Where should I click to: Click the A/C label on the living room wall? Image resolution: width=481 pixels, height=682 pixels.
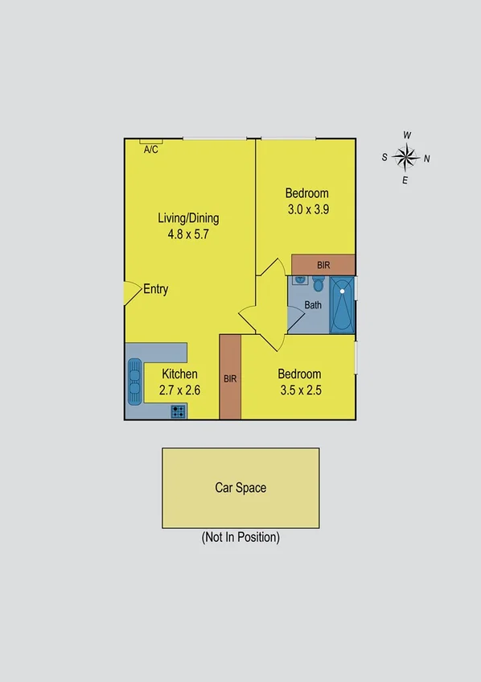(x=150, y=150)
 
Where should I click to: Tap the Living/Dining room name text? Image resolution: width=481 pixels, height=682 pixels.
(x=188, y=217)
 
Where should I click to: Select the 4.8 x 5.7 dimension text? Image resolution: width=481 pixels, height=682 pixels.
(x=188, y=234)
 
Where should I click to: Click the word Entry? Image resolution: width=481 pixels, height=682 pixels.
(x=155, y=289)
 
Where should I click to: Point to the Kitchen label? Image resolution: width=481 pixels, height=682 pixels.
(x=180, y=374)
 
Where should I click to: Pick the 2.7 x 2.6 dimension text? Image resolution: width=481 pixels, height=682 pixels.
(x=180, y=390)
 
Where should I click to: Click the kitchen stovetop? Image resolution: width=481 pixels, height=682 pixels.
(x=179, y=411)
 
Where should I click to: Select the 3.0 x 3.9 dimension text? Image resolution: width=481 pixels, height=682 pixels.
(x=307, y=209)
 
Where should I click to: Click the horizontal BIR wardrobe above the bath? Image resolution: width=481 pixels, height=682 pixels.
(x=323, y=264)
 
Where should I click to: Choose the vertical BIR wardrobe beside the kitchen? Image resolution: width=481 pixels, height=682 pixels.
(x=230, y=377)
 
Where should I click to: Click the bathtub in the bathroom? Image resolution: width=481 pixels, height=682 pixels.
(x=342, y=305)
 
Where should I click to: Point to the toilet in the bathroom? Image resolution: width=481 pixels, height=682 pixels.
(x=318, y=284)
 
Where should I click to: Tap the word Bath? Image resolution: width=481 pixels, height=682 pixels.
(x=313, y=305)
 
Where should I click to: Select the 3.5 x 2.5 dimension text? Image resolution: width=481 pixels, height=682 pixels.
(x=299, y=390)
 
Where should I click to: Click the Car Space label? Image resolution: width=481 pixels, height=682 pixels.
(x=240, y=487)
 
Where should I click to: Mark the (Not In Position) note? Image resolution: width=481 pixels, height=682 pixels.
(x=240, y=537)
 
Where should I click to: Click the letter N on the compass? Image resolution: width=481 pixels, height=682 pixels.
(x=427, y=158)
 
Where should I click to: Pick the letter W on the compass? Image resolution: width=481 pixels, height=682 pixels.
(x=408, y=134)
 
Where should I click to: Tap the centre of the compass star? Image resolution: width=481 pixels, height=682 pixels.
(x=407, y=157)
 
